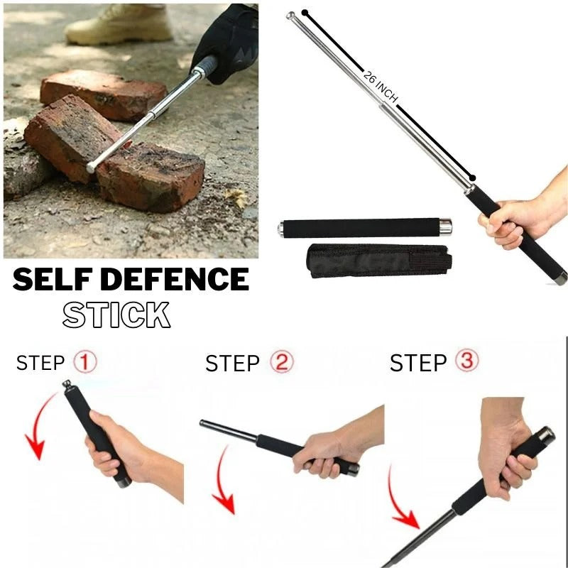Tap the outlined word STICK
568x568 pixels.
[x=116, y=315]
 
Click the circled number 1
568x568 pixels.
[x=85, y=363]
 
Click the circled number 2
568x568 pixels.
[x=280, y=364]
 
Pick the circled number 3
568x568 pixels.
[x=466, y=362]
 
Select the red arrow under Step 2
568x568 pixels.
[x=223, y=484]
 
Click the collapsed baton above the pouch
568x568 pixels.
[x=362, y=228]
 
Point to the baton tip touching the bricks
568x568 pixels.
[x=92, y=168]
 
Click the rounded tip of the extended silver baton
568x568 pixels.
[x=291, y=16]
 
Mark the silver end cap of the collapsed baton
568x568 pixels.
[x=444, y=227]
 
